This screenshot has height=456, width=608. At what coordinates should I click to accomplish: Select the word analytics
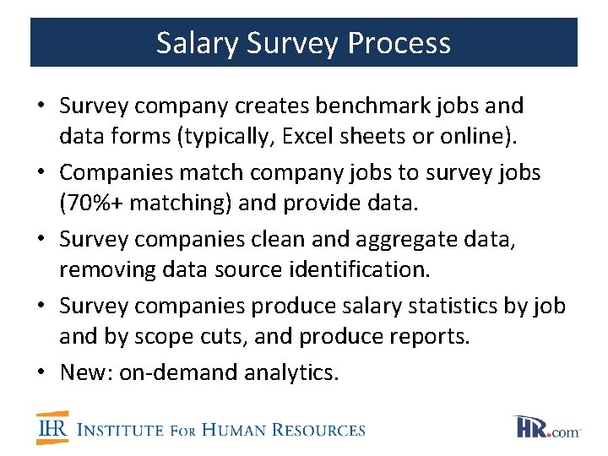point(290,372)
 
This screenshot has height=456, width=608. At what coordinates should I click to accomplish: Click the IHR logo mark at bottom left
point(52,428)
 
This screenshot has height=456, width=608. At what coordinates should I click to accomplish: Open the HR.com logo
point(547,427)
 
